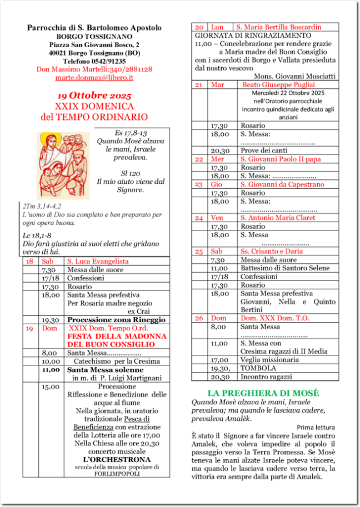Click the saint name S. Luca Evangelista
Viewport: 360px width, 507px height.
pyautogui.click(x=98, y=261)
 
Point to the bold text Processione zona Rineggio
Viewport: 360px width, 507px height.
pyautogui.click(x=116, y=320)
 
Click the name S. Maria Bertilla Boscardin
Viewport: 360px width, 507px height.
pyautogui.click(x=278, y=27)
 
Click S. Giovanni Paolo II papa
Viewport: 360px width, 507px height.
pyautogui.click(x=281, y=159)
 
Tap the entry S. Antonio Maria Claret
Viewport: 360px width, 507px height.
pyautogui.click(x=278, y=218)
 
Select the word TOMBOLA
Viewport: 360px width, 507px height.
pyautogui.click(x=257, y=368)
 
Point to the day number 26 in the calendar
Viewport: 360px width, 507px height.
pyautogui.click(x=199, y=318)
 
